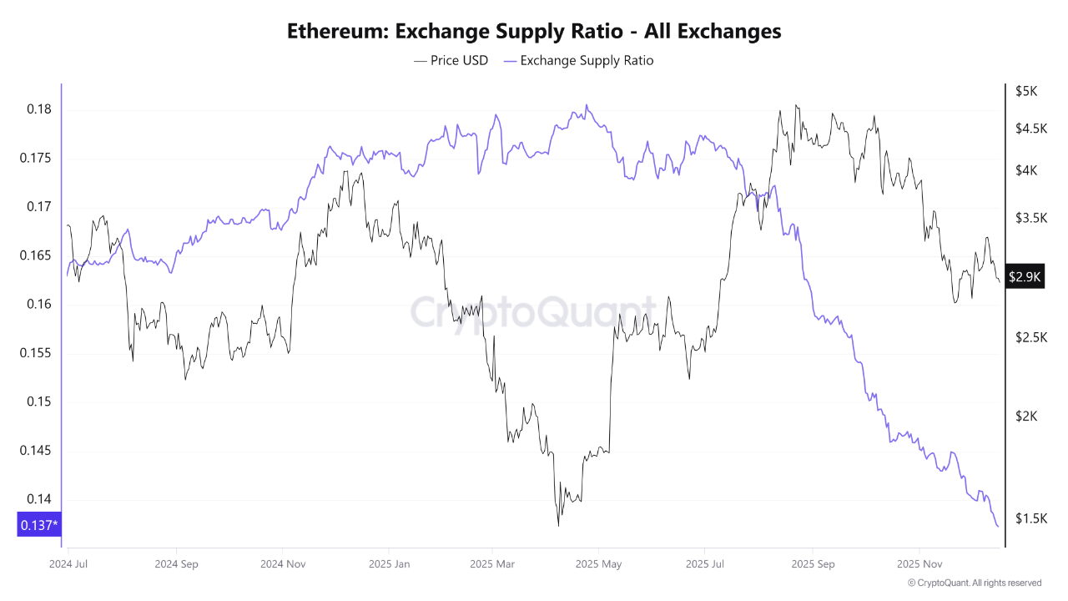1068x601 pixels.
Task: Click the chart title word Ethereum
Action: coord(336,32)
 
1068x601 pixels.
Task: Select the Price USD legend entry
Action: coord(451,60)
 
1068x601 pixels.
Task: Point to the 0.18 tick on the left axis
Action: coord(38,109)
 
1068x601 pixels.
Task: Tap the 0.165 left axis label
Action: coord(35,255)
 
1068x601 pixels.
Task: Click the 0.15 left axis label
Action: coord(38,402)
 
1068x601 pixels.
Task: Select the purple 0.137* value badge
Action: coord(38,525)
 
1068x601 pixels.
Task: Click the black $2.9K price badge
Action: coord(1025,277)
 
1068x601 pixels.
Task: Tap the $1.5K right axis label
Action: coord(1030,518)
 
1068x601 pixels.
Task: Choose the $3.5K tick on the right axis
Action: coord(1030,218)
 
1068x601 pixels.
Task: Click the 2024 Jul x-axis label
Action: coord(68,563)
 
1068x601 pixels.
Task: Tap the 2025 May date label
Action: coord(598,563)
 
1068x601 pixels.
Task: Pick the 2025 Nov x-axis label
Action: coord(919,563)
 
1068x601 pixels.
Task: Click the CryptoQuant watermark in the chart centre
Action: coord(533,312)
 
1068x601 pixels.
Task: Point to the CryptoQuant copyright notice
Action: coord(974,583)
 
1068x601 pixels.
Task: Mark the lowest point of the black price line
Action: coord(557,526)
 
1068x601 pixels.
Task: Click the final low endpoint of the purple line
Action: coord(998,527)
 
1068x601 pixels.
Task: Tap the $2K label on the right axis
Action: coord(1025,416)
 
